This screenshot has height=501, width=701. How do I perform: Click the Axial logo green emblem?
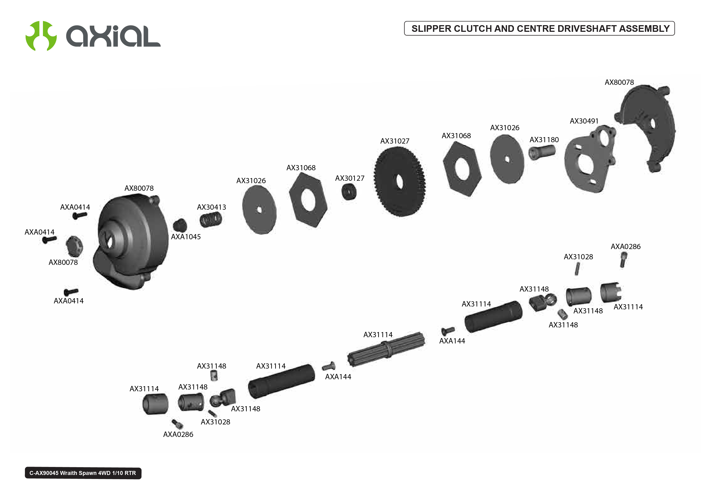[x=41, y=36]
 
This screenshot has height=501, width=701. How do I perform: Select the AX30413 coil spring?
[x=210, y=220]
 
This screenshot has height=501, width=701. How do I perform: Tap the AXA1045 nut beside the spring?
[x=180, y=225]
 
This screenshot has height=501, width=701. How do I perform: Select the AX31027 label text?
[x=395, y=141]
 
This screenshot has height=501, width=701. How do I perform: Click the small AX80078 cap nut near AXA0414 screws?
[x=74, y=246]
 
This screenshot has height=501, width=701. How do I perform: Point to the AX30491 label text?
[x=584, y=121]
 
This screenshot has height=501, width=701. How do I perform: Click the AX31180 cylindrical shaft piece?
[x=542, y=152]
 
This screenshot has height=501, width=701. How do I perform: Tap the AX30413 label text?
[x=212, y=207]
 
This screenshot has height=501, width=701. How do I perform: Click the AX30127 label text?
[x=349, y=178]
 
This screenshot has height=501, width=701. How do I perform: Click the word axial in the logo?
[x=113, y=37]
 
